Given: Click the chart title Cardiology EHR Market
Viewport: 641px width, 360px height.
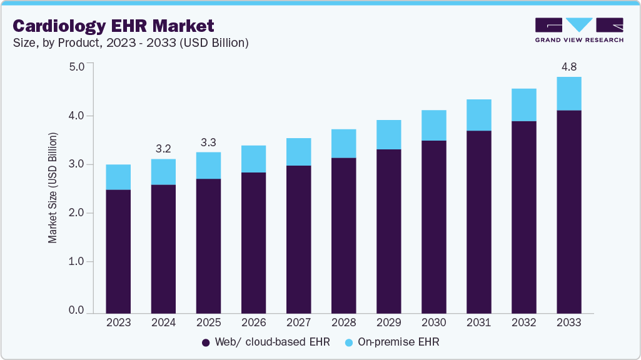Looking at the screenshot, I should (113, 26).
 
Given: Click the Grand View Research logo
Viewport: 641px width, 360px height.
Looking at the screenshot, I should (579, 30).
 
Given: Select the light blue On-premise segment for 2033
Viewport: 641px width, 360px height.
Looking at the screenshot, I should (568, 94).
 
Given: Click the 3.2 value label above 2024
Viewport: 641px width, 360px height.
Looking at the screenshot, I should (163, 148).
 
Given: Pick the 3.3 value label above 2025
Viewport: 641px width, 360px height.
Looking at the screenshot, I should (208, 142).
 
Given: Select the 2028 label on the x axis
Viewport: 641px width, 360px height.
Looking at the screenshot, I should (343, 323).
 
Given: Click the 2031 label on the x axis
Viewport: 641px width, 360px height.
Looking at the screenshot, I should (478, 323).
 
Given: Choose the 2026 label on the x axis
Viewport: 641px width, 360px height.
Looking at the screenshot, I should (253, 323).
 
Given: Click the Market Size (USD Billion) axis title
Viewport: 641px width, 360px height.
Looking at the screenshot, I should (53, 187).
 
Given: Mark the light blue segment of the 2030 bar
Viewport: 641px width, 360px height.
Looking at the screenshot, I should (433, 125).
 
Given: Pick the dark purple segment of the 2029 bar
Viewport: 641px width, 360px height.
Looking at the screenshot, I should (388, 231).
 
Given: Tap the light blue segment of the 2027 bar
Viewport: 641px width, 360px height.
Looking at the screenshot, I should (298, 152).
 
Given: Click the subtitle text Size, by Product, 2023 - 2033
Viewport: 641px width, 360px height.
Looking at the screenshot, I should (131, 43).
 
